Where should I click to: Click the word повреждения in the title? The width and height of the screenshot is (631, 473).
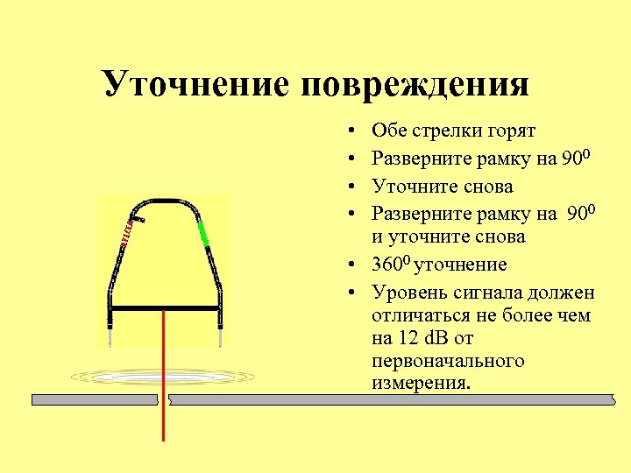pos(415,85)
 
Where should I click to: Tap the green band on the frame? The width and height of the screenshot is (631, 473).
pos(203,233)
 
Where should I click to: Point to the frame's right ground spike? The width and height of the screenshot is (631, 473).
pos(221,333)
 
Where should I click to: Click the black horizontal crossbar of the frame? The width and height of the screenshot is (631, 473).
pos(164,309)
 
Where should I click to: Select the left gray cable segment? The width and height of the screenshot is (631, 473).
pos(95,399)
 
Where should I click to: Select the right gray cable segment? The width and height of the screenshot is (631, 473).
pos(391,400)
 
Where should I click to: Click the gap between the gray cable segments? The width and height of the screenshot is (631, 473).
pos(163,400)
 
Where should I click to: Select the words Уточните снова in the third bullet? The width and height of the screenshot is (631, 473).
pos(443,186)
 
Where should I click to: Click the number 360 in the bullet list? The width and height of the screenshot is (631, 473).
pos(386,265)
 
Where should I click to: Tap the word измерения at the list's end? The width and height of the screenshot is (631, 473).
pos(421,383)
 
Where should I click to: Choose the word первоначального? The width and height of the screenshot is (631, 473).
pos(448,360)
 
